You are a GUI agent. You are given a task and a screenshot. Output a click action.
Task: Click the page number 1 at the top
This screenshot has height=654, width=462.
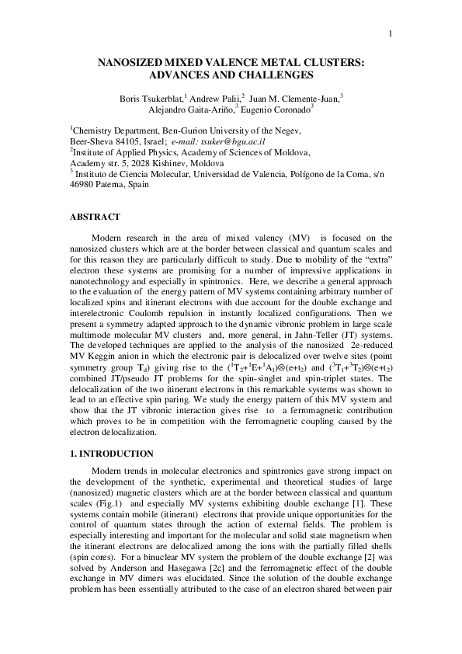tap(391, 33)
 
